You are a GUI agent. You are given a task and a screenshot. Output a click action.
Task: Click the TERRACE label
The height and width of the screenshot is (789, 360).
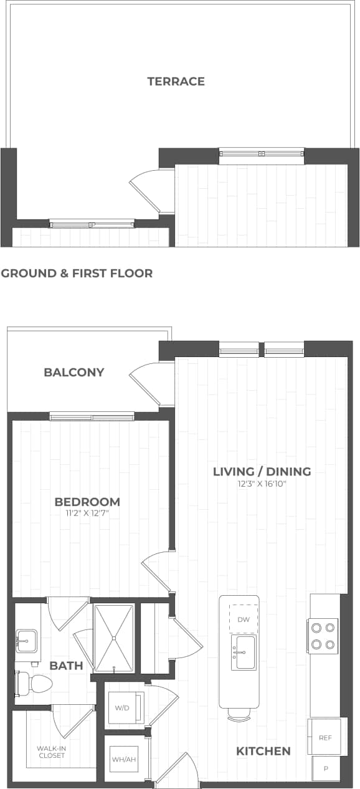click(176, 81)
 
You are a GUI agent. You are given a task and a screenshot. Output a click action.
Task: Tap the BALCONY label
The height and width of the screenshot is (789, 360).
click(73, 372)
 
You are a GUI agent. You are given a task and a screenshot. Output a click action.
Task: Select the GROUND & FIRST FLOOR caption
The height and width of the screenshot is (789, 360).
click(77, 273)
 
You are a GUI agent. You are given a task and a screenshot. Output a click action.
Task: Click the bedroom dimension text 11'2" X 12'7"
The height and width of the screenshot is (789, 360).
click(87, 513)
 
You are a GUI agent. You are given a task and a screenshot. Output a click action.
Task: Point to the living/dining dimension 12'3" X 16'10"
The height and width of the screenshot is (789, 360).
click(262, 483)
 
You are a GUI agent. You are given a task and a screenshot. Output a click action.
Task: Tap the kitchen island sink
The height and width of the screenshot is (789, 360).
click(244, 653)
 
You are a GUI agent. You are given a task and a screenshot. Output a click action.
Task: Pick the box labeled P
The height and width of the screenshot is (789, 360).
click(326, 769)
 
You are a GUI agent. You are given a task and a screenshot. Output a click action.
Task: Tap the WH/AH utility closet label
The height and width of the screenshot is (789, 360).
click(124, 759)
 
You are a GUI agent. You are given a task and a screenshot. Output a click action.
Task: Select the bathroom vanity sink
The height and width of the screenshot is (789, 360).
click(26, 640)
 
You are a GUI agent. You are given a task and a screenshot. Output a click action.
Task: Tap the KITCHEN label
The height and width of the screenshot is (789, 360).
click(263, 751)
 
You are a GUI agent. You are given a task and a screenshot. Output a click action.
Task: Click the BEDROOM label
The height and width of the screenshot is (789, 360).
click(87, 502)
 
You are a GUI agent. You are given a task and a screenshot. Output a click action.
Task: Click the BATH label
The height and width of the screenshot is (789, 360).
click(66, 666)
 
